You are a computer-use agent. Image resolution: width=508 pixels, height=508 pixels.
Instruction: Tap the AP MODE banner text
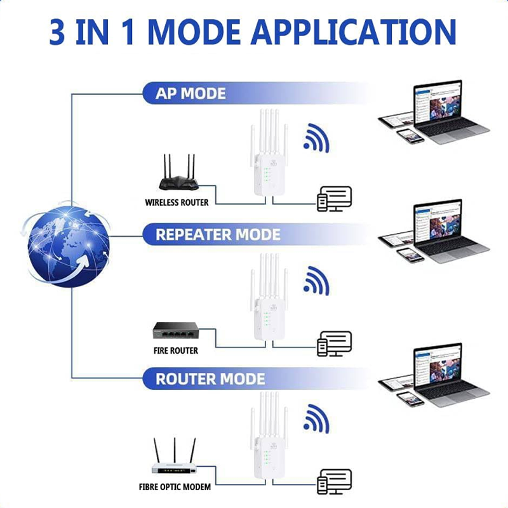190,94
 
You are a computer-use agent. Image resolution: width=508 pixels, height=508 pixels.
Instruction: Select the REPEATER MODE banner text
218,234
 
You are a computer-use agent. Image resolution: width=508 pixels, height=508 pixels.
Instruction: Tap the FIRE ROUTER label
176,350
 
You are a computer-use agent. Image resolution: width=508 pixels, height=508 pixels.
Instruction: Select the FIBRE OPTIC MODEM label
175,488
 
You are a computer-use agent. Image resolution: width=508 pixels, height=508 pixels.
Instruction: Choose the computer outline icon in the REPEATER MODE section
334,343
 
